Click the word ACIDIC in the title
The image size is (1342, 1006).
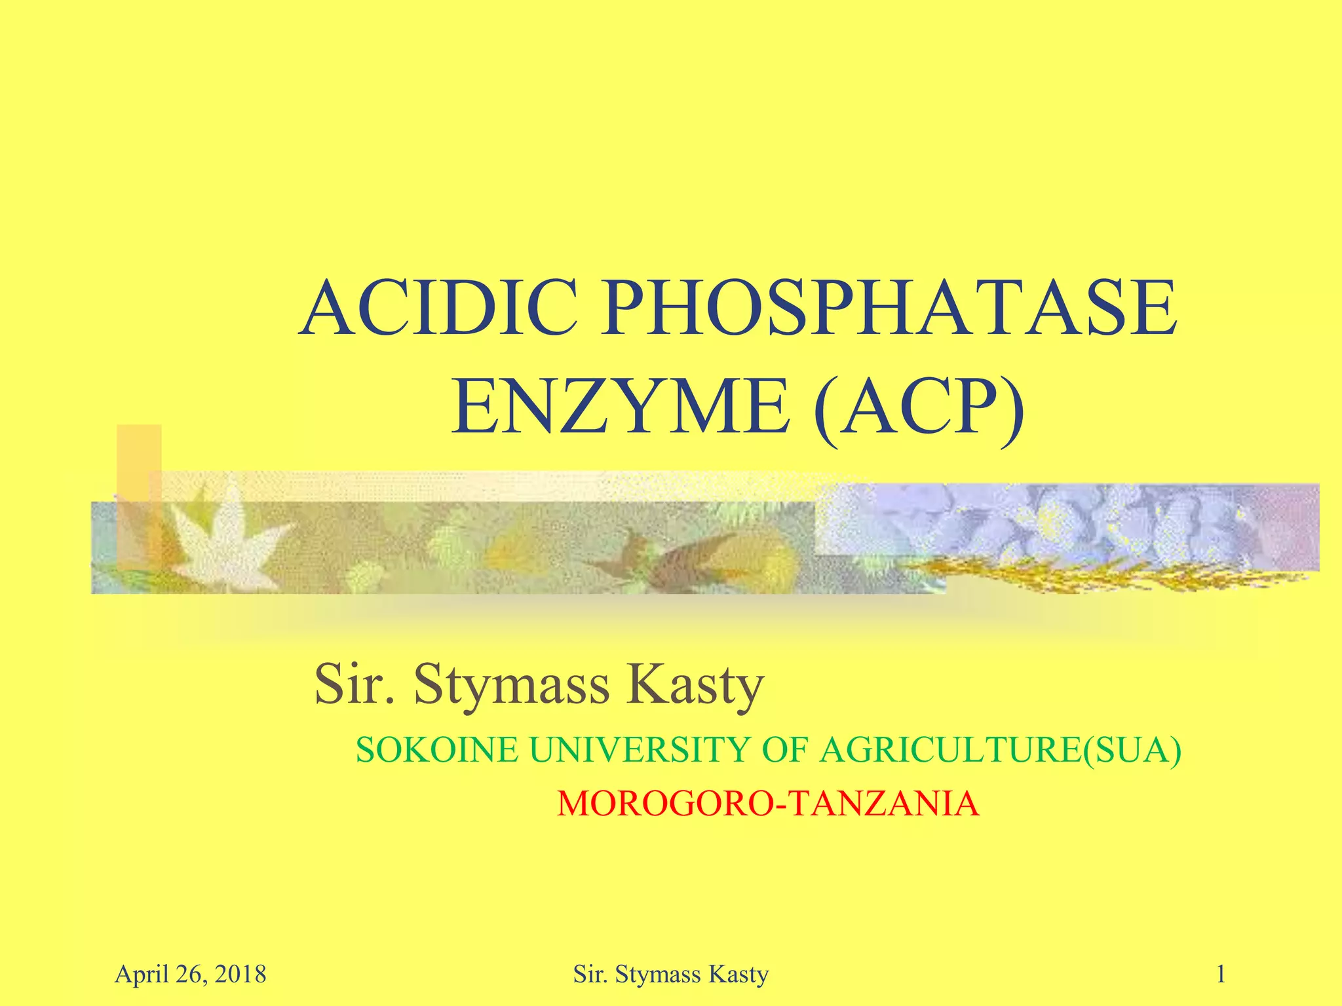tap(438, 308)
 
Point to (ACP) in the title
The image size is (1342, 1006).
tap(919, 407)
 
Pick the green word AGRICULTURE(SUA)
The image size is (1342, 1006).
tap(1001, 750)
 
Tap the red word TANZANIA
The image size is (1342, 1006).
tap(885, 804)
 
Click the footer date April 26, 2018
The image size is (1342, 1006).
tap(191, 975)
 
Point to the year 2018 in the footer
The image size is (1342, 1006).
tap(240, 975)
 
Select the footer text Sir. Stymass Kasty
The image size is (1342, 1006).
tap(670, 975)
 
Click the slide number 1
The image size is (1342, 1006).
tap(1221, 975)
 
